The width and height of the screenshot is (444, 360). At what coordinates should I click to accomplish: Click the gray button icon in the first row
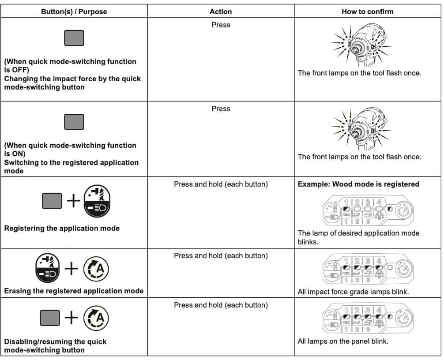pos(74,38)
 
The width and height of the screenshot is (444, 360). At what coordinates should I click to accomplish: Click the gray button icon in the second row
pos(74,122)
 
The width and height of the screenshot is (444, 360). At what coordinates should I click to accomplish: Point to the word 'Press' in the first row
pos(221,25)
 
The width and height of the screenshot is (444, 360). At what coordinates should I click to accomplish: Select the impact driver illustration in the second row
pos(361,127)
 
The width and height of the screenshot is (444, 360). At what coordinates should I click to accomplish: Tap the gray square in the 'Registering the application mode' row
pos(52,202)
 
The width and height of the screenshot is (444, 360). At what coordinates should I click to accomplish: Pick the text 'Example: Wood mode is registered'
pos(358,184)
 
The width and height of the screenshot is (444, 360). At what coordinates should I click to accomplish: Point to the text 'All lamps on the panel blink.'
pos(343,341)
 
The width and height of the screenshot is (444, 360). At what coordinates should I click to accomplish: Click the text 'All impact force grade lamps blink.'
pos(353,292)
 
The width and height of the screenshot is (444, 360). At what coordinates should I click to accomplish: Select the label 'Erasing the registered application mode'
pos(74,291)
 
